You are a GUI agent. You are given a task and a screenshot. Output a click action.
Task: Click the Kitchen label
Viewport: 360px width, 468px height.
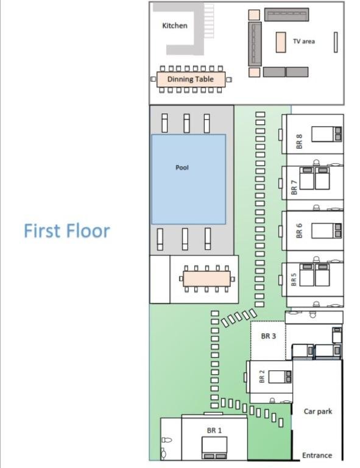tap(174, 26)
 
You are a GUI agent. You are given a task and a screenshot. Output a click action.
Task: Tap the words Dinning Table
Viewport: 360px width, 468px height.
tap(191, 79)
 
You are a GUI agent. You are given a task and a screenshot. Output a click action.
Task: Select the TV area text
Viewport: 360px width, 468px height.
tap(303, 41)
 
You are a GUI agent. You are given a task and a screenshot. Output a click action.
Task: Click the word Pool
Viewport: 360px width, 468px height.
tap(182, 168)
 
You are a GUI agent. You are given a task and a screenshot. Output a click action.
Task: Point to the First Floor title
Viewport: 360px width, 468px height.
tap(67, 231)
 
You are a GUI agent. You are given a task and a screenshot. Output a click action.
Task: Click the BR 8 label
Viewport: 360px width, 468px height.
tap(299, 141)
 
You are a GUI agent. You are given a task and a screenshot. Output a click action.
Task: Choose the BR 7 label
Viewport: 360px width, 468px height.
tap(294, 188)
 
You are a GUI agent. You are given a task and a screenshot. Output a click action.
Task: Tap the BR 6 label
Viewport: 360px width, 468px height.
tap(299, 231)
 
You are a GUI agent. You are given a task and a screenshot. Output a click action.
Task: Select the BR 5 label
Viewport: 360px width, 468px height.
tap(294, 280)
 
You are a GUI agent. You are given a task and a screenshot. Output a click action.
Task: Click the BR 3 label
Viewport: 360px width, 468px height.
tap(269, 336)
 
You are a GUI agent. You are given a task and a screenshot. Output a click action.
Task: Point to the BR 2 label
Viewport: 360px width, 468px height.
tap(261, 377)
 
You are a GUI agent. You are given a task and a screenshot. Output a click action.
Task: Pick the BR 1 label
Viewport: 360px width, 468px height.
tap(214, 430)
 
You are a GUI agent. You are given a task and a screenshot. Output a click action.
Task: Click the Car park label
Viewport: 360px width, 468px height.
tap(318, 411)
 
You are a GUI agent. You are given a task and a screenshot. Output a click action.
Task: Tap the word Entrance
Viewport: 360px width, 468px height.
tap(317, 455)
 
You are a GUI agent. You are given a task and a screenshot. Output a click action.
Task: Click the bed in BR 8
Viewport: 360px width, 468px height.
tap(326, 134)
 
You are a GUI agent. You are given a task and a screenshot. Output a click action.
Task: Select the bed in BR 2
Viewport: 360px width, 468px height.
tap(280, 377)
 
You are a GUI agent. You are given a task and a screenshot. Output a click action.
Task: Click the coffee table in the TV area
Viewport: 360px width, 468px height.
tap(281, 43)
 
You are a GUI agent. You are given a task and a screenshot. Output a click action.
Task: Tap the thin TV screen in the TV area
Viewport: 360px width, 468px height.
tap(336, 43)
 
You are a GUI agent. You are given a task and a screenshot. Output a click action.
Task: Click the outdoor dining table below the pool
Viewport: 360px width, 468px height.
tap(206, 278)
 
